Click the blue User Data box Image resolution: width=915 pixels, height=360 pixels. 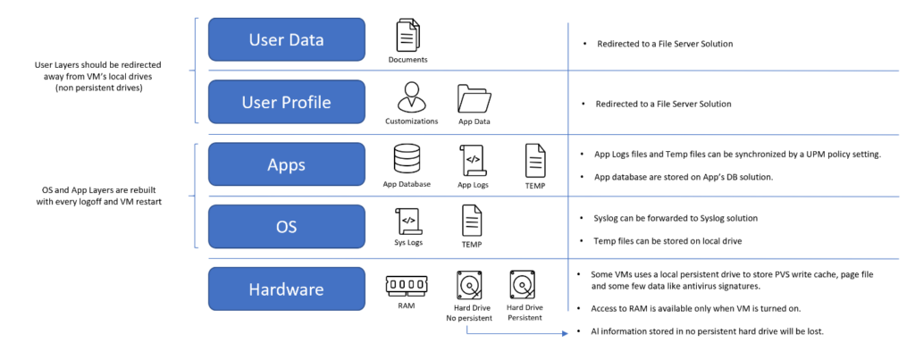286,39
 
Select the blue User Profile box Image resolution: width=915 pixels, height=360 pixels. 286,102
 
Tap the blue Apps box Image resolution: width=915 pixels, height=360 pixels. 286,164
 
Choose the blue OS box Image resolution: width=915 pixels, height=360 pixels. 286,226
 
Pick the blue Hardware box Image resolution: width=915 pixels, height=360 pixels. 286,289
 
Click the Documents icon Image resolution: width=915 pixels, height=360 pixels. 407,37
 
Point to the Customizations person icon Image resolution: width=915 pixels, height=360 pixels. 411,97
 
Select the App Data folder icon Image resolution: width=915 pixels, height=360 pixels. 474,98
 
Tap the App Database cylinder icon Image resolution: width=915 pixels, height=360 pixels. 407,160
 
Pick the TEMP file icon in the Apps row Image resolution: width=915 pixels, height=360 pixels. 535,161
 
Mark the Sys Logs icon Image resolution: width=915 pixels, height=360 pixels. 407,222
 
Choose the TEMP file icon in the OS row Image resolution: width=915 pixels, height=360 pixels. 471,222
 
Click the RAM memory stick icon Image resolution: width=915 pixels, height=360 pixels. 406,284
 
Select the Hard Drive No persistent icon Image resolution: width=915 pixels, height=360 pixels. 468,285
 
